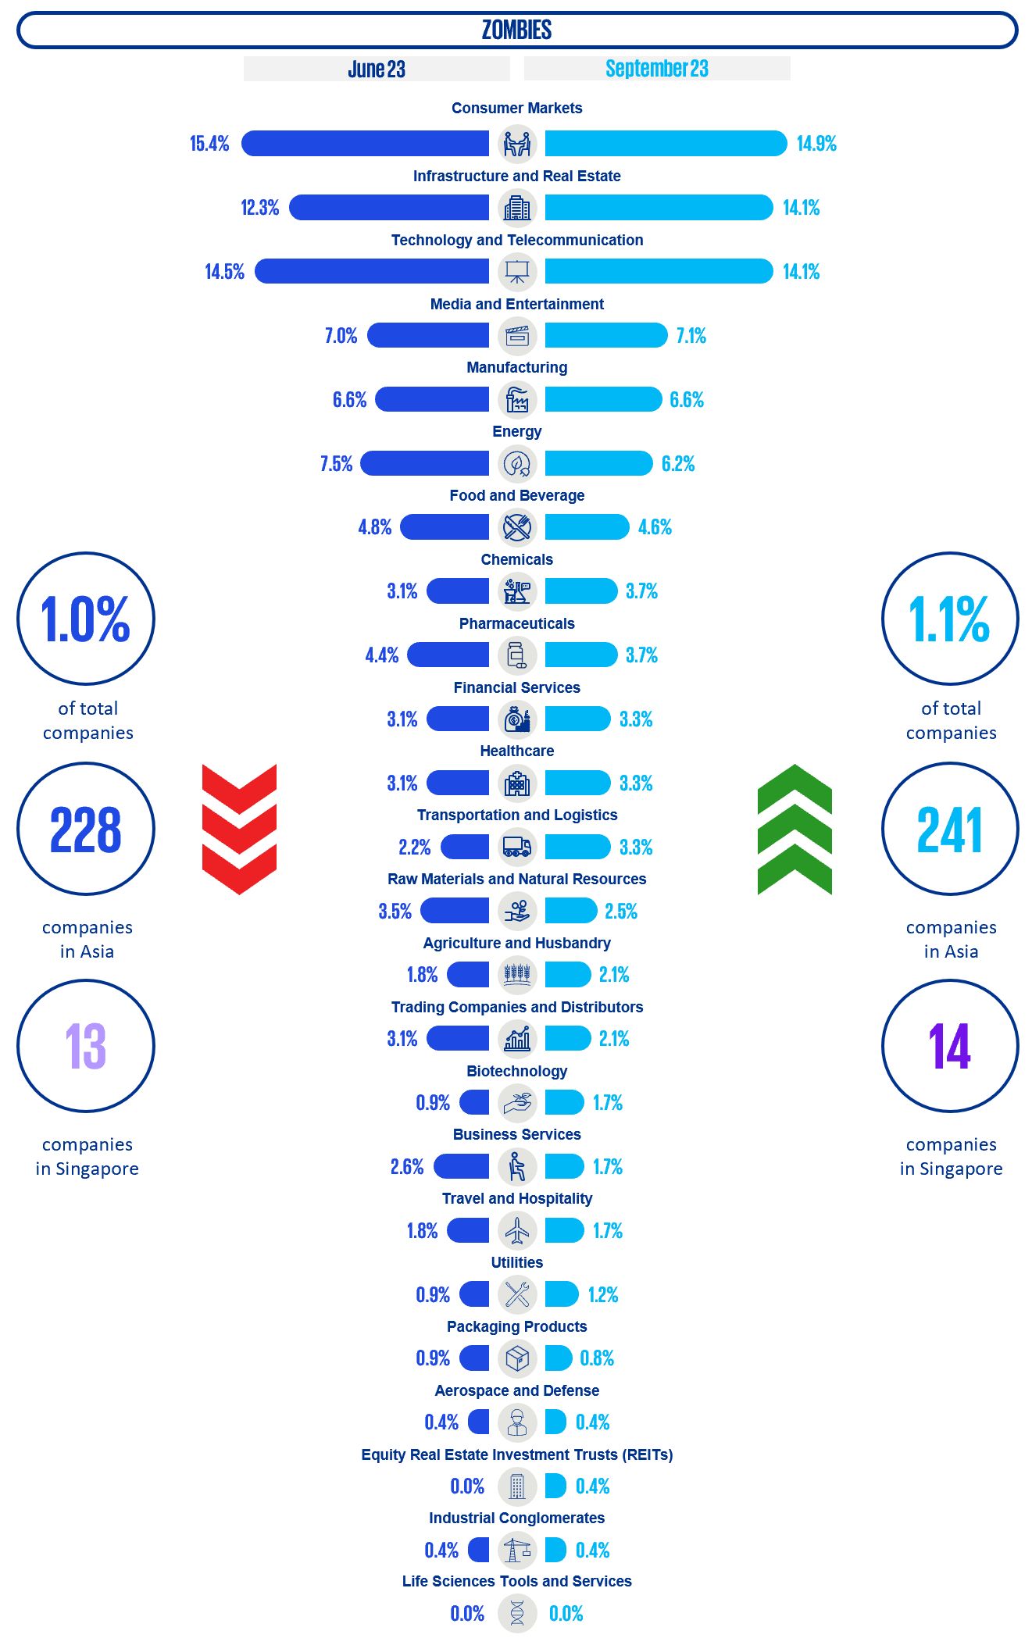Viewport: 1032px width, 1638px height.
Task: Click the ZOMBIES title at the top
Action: pyautogui.click(x=516, y=30)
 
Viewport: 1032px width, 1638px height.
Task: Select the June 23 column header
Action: pyautogui.click(x=377, y=69)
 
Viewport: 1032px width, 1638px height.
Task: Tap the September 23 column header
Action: pyautogui.click(x=657, y=69)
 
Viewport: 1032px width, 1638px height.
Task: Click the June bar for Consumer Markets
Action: pyautogui.click(x=365, y=143)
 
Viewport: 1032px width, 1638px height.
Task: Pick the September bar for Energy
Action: pyautogui.click(x=598, y=463)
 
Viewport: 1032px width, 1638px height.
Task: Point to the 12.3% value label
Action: pyautogui.click(x=259, y=208)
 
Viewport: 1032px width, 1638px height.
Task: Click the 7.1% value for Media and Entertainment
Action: pyautogui.click(x=691, y=336)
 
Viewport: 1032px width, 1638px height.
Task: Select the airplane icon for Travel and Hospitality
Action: pyautogui.click(x=517, y=1230)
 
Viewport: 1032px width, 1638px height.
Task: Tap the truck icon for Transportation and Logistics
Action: pyautogui.click(x=517, y=847)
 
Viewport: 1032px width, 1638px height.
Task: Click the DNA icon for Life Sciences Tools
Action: pyautogui.click(x=517, y=1613)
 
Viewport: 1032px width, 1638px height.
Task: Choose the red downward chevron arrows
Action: pyautogui.click(x=239, y=829)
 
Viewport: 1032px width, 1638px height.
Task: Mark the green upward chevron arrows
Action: pyautogui.click(x=795, y=829)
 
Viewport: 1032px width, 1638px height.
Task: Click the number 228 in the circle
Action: pyautogui.click(x=86, y=830)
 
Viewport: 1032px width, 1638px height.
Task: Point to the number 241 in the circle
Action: pyautogui.click(x=950, y=830)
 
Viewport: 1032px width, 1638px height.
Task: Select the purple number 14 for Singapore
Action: pyautogui.click(x=950, y=1047)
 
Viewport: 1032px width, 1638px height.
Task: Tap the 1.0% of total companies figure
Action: pyautogui.click(x=86, y=619)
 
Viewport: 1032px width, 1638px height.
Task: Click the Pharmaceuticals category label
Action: pyautogui.click(x=516, y=623)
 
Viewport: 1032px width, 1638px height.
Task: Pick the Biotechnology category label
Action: pyautogui.click(x=516, y=1071)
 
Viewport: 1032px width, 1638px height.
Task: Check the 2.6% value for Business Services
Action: pyautogui.click(x=407, y=1167)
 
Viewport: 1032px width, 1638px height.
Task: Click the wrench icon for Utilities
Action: pyautogui.click(x=517, y=1294)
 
